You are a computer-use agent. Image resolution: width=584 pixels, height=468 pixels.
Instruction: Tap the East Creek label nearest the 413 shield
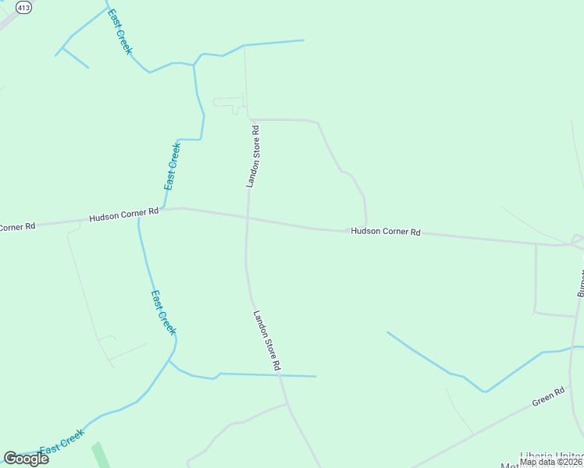pyautogui.click(x=119, y=33)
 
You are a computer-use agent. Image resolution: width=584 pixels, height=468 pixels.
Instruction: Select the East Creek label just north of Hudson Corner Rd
pyautogui.click(x=173, y=166)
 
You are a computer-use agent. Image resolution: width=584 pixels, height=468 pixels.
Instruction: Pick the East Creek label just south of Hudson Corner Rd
pyautogui.click(x=163, y=312)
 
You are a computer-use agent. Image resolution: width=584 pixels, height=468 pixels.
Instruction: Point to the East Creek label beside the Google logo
pyautogui.click(x=62, y=442)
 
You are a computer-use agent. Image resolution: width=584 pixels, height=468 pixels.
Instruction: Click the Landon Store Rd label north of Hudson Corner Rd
pyautogui.click(x=252, y=155)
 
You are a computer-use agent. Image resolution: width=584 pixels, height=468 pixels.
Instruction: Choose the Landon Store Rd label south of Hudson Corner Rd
pyautogui.click(x=266, y=340)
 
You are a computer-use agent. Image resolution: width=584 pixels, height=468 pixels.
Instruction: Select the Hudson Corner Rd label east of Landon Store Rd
pyautogui.click(x=386, y=232)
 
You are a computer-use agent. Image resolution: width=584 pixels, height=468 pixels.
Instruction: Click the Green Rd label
pyautogui.click(x=547, y=397)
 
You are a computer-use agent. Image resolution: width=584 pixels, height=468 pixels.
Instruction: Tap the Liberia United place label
pyautogui.click(x=551, y=456)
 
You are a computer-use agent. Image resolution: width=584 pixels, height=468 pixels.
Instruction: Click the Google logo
pyautogui.click(x=26, y=459)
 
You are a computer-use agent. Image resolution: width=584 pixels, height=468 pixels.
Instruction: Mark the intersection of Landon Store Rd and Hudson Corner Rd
pyautogui.click(x=247, y=217)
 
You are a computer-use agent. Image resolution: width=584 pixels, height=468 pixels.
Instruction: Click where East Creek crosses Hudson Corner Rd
pyautogui.click(x=139, y=218)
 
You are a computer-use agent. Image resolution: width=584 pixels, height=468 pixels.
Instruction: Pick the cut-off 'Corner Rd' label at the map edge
pyautogui.click(x=17, y=227)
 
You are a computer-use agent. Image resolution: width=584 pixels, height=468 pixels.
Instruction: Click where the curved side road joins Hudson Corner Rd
pyautogui.click(x=366, y=225)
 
